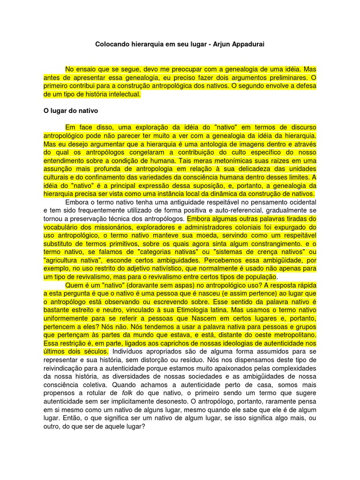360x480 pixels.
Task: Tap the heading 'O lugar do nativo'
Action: (x=70, y=111)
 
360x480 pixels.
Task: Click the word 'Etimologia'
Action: (x=199, y=310)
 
